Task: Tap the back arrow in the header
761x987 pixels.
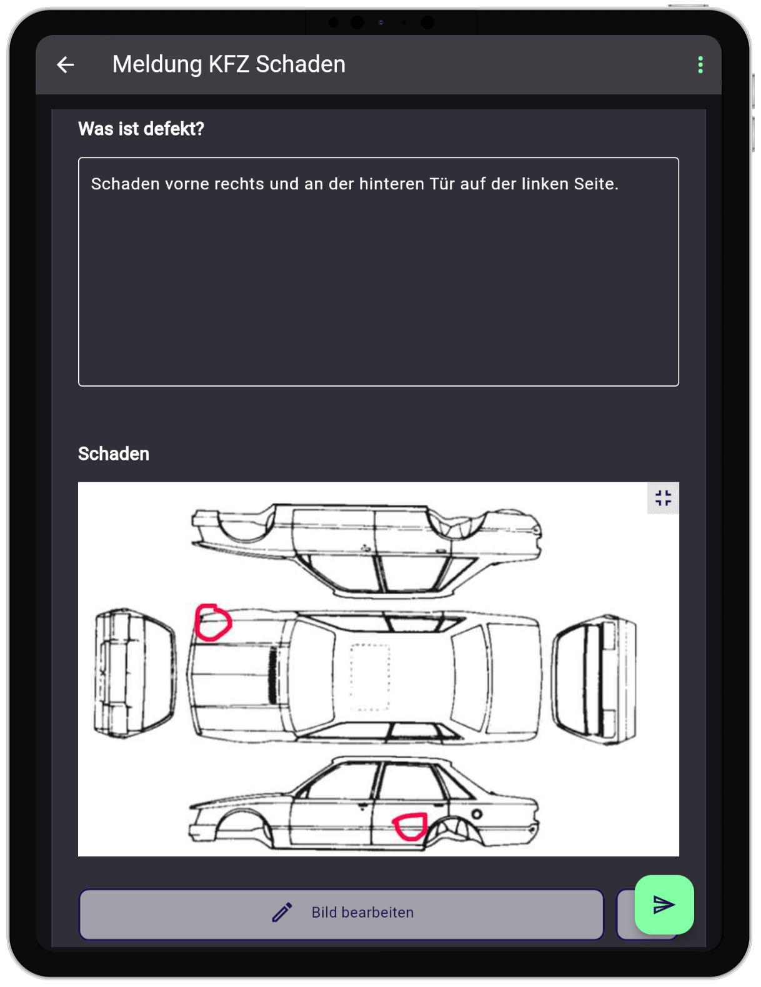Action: (66, 64)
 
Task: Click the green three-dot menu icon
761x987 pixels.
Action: (700, 65)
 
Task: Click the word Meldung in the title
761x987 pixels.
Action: (157, 65)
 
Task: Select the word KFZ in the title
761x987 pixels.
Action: (229, 64)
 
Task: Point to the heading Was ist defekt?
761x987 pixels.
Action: (141, 129)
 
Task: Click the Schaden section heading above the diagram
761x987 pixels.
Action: (114, 454)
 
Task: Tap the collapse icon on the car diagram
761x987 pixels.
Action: (663, 498)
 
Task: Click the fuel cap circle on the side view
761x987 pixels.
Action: (477, 814)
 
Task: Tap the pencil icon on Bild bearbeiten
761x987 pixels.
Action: (282, 912)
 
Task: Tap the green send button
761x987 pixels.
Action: (664, 905)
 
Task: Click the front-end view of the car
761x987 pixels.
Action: (134, 673)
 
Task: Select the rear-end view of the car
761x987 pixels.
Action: (594, 680)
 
